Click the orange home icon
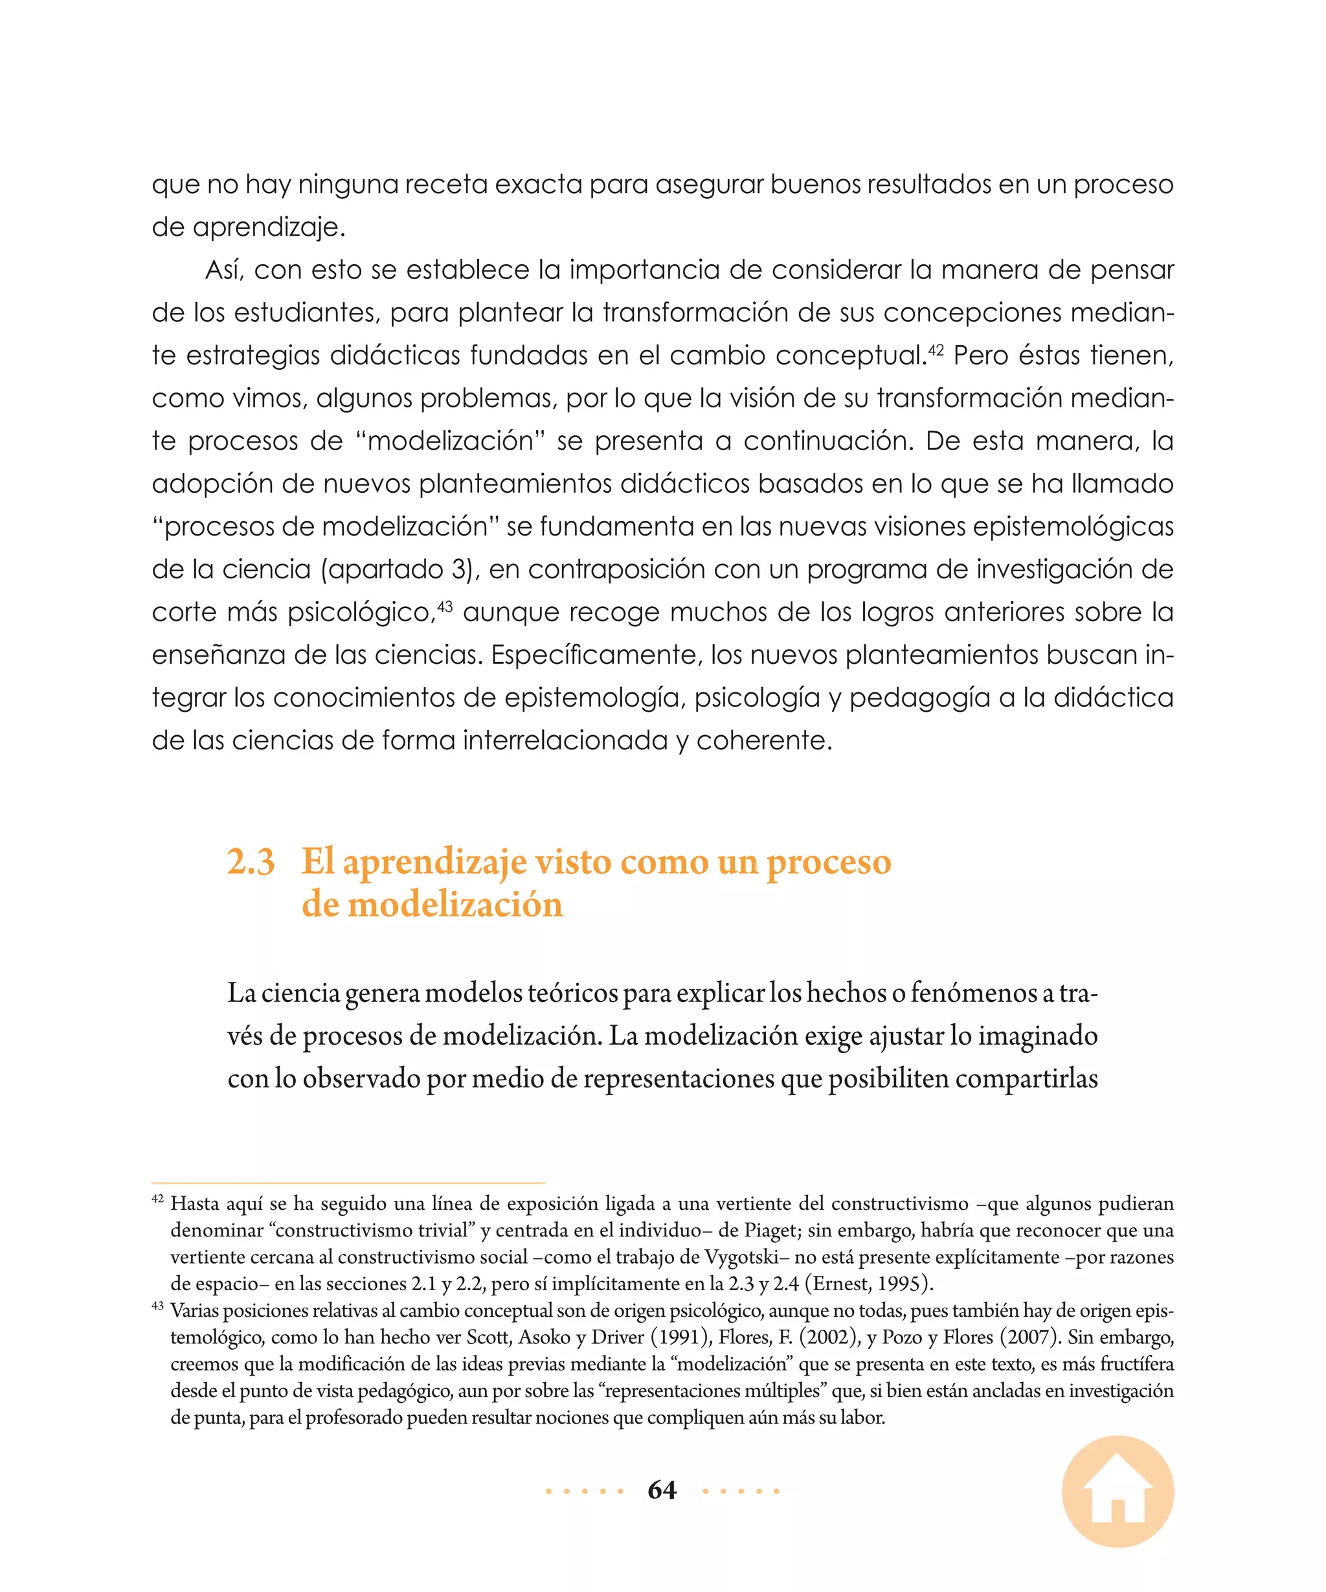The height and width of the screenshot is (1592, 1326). [1118, 1491]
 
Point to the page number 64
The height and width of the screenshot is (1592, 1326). [662, 1490]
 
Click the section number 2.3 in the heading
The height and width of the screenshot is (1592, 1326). [251, 862]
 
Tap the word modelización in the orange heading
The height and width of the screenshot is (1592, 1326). [455, 904]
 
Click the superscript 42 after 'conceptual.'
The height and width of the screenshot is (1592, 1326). [936, 350]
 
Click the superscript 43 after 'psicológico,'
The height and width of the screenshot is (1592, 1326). [445, 606]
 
